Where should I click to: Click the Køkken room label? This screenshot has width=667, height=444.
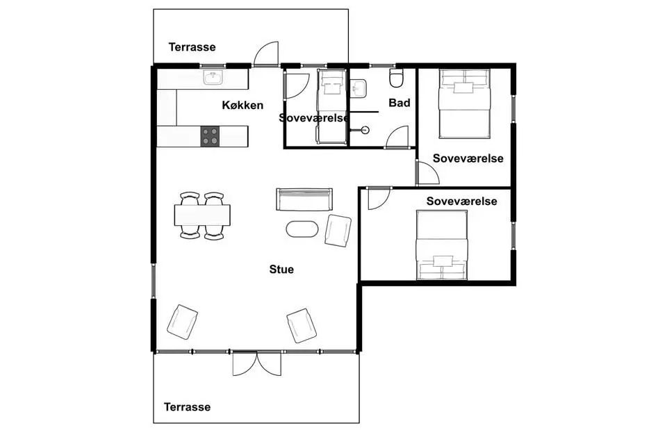pos(242,105)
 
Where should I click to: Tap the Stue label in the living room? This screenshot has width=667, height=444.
pos(281,269)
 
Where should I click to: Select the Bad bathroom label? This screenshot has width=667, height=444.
pos(400,103)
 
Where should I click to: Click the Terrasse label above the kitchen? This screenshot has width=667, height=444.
pos(192,47)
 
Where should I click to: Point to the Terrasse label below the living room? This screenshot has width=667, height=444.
pos(187,407)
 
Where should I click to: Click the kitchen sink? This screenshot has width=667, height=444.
pos(213,78)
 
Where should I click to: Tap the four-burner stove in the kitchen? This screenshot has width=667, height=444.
pos(210,136)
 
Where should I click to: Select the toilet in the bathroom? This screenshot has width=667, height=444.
pos(396,78)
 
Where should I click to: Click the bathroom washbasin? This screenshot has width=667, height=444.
pos(359,89)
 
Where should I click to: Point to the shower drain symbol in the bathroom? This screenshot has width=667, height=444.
pos(365,130)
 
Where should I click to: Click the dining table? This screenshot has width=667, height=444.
pos(202,215)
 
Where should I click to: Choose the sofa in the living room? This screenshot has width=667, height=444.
pos(304,199)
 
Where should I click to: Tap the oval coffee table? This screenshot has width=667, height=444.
pos(302,229)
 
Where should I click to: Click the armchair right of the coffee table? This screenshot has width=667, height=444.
pos(338,231)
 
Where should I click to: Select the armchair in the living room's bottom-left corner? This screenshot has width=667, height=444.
pos(182,322)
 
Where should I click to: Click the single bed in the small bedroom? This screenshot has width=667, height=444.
pos(332,107)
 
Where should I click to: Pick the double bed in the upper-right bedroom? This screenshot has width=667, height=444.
pos(465,104)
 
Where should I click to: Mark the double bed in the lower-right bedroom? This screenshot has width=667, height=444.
pos(442,245)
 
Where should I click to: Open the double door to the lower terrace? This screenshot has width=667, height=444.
pos(257,363)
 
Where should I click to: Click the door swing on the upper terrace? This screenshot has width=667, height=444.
pos(266,54)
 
